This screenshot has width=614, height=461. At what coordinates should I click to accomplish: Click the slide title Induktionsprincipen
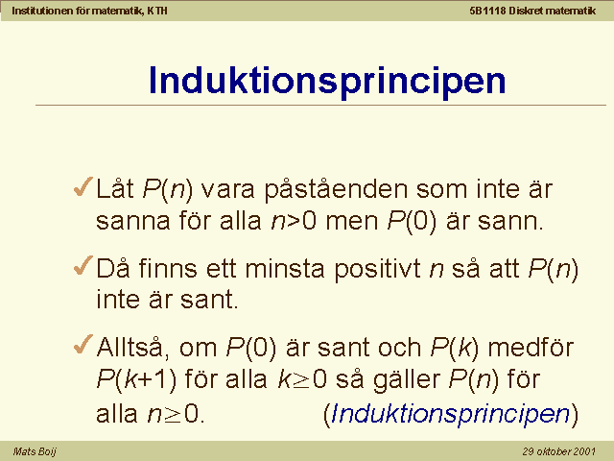pyautogui.click(x=327, y=81)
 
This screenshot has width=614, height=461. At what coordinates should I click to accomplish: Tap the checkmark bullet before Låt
pyautogui.click(x=83, y=186)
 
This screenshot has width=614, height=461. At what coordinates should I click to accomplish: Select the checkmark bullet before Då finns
pyautogui.click(x=83, y=265)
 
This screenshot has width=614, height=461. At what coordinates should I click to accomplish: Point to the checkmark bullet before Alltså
pyautogui.click(x=83, y=344)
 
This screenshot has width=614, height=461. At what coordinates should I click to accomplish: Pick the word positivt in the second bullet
pyautogui.click(x=378, y=270)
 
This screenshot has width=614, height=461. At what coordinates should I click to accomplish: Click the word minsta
pyautogui.click(x=285, y=269)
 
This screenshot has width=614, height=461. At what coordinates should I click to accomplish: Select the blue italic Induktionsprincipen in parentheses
pyautogui.click(x=450, y=414)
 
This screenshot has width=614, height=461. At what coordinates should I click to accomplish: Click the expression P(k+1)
pyautogui.click(x=136, y=380)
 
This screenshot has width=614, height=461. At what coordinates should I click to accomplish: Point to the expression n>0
pyautogui.click(x=294, y=222)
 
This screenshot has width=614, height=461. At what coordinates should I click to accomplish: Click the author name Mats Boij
pyautogui.click(x=35, y=451)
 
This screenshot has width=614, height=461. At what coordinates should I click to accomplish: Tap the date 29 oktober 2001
pyautogui.click(x=558, y=451)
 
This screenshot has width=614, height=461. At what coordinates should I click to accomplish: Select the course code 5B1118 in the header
pyautogui.click(x=487, y=11)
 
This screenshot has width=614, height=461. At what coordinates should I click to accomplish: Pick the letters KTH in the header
pyautogui.click(x=157, y=11)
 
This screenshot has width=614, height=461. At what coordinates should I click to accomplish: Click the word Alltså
pyautogui.click(x=132, y=348)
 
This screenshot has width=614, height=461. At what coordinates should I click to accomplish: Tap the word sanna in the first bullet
pyautogui.click(x=133, y=222)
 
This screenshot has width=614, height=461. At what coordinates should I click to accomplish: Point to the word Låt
pyautogui.click(x=115, y=188)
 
